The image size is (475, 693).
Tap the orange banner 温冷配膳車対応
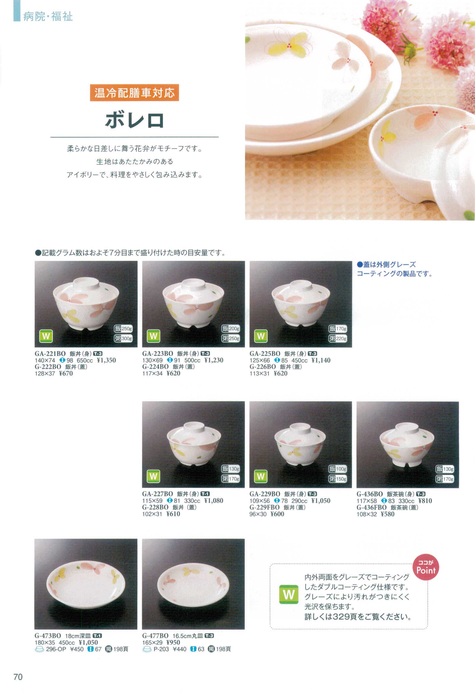point(134,93)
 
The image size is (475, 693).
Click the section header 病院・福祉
point(48,16)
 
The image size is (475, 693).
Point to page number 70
point(18,677)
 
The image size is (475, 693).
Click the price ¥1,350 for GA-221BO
point(107,360)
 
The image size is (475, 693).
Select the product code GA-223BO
point(158,354)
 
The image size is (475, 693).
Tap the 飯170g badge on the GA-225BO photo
point(338,329)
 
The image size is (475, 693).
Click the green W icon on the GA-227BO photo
point(153,476)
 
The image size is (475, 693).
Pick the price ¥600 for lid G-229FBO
point(277,514)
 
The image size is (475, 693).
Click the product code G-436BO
point(370,494)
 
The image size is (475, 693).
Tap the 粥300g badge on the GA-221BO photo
point(123,338)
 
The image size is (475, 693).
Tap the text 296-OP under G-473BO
point(56,649)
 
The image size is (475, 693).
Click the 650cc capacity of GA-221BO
point(85,360)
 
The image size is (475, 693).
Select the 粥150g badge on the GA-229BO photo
point(338,479)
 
